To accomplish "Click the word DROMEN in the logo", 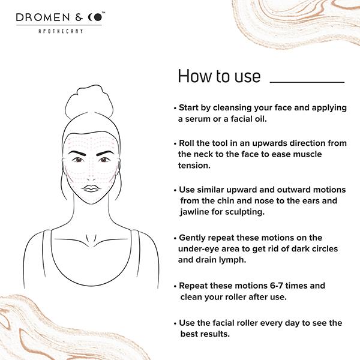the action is (x=43, y=17).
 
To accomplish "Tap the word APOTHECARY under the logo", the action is (x=61, y=31).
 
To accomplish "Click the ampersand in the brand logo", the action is (x=79, y=17).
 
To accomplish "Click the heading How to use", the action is (x=219, y=76).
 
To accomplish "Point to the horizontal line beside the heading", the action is (x=307, y=82).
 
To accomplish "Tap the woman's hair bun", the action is (x=89, y=101).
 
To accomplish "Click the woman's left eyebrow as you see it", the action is (x=77, y=153).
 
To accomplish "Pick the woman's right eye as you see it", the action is (x=104, y=160).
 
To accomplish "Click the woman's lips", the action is (x=91, y=188).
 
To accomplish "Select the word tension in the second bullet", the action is (x=194, y=166).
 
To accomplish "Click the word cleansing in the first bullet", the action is (x=232, y=107).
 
